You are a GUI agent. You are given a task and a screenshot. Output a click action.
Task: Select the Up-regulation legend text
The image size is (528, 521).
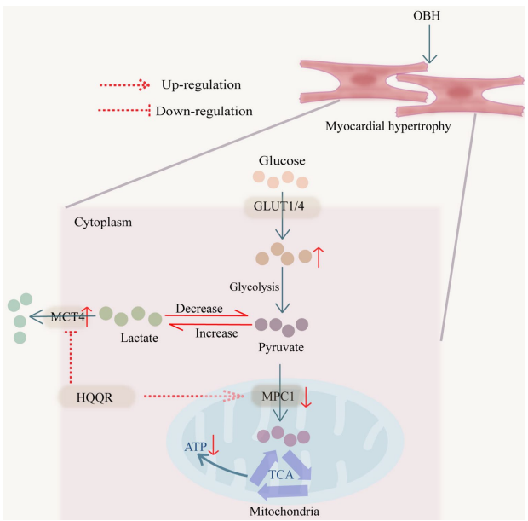(x=202, y=84)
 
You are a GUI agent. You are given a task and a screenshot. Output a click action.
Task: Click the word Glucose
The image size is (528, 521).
(x=282, y=160)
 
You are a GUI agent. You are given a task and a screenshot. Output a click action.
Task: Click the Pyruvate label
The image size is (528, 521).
(x=282, y=348)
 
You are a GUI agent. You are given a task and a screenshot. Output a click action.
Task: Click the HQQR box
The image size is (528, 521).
(x=99, y=397)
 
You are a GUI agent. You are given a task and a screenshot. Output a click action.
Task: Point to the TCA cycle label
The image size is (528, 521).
(x=283, y=473)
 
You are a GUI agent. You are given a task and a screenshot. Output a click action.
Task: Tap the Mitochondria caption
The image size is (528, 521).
(x=283, y=512)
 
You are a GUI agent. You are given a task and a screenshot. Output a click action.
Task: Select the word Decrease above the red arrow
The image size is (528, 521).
(x=199, y=307)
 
